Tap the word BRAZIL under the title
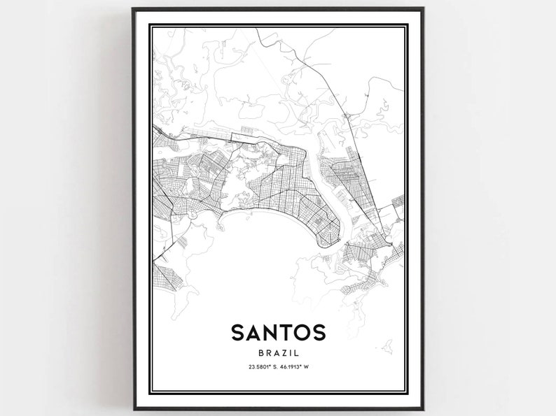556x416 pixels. tap(277, 354)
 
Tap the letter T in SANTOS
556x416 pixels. tap(286, 332)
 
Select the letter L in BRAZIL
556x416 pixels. tap(297, 354)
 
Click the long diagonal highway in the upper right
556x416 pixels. tap(336, 98)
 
